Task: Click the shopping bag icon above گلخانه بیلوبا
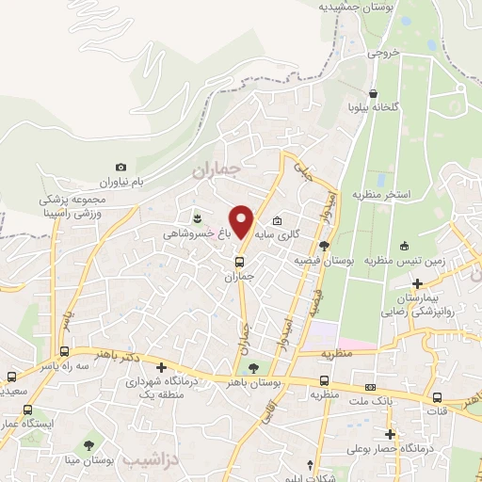374,93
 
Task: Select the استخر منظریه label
382,194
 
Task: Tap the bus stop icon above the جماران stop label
239,262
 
